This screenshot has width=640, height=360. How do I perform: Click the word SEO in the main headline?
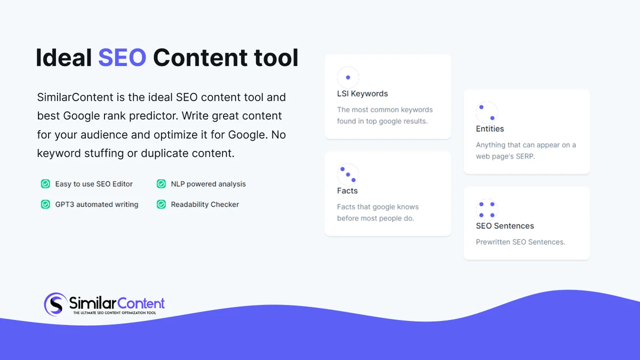(x=122, y=58)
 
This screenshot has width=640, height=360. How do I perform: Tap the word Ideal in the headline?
(x=63, y=58)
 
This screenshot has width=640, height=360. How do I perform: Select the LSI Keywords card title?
(x=362, y=94)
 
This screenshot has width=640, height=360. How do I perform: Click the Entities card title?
(x=490, y=129)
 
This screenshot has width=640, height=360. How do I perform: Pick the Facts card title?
(x=347, y=191)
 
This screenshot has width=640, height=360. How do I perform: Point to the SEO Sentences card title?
(x=505, y=226)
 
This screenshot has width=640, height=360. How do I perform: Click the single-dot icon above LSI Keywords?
(x=348, y=77)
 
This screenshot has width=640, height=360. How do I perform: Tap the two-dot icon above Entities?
(x=486, y=113)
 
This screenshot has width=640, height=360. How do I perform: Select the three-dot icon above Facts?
(x=348, y=174)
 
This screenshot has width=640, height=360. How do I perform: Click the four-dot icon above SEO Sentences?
(x=486, y=210)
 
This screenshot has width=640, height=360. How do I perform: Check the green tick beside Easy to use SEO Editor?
(x=45, y=184)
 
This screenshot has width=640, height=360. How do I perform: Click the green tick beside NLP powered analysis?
(x=161, y=184)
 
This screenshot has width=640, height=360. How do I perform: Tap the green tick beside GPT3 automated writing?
(x=45, y=204)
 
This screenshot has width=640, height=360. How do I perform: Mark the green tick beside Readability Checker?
(x=161, y=204)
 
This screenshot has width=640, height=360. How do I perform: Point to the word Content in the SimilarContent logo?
(x=141, y=303)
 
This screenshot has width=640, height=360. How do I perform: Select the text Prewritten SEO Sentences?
(x=520, y=242)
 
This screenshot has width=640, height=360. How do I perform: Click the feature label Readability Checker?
(x=205, y=204)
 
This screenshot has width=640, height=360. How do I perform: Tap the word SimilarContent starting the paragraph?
(x=75, y=98)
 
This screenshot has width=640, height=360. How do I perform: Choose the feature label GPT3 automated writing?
(x=97, y=204)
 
